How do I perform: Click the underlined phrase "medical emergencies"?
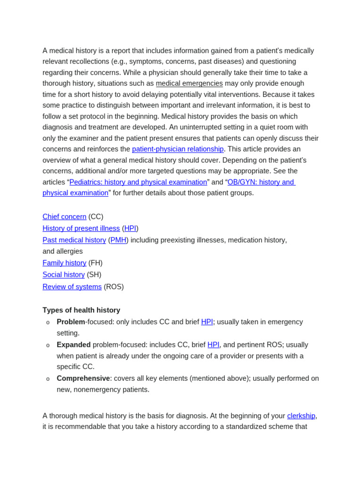point(189,83)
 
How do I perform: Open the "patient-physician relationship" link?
point(178,149)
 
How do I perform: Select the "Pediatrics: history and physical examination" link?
point(138,182)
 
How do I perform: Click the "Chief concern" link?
point(65,217)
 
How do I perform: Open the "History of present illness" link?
point(81,228)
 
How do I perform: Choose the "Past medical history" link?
point(74,240)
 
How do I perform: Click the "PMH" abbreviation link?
point(118,240)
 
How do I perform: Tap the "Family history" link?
point(65,263)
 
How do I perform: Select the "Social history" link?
point(64,275)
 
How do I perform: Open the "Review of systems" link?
point(72,287)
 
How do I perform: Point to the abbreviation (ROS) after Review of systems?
point(114,287)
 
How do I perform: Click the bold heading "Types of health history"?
point(81,310)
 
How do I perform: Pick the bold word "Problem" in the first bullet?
point(71,322)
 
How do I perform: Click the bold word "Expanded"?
point(74,345)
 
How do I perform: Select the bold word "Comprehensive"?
point(83,378)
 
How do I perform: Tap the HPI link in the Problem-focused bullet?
point(207,322)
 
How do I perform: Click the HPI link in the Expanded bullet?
point(214,345)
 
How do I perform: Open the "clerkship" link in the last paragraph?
point(301,416)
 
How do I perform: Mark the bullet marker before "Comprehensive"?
point(48,379)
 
